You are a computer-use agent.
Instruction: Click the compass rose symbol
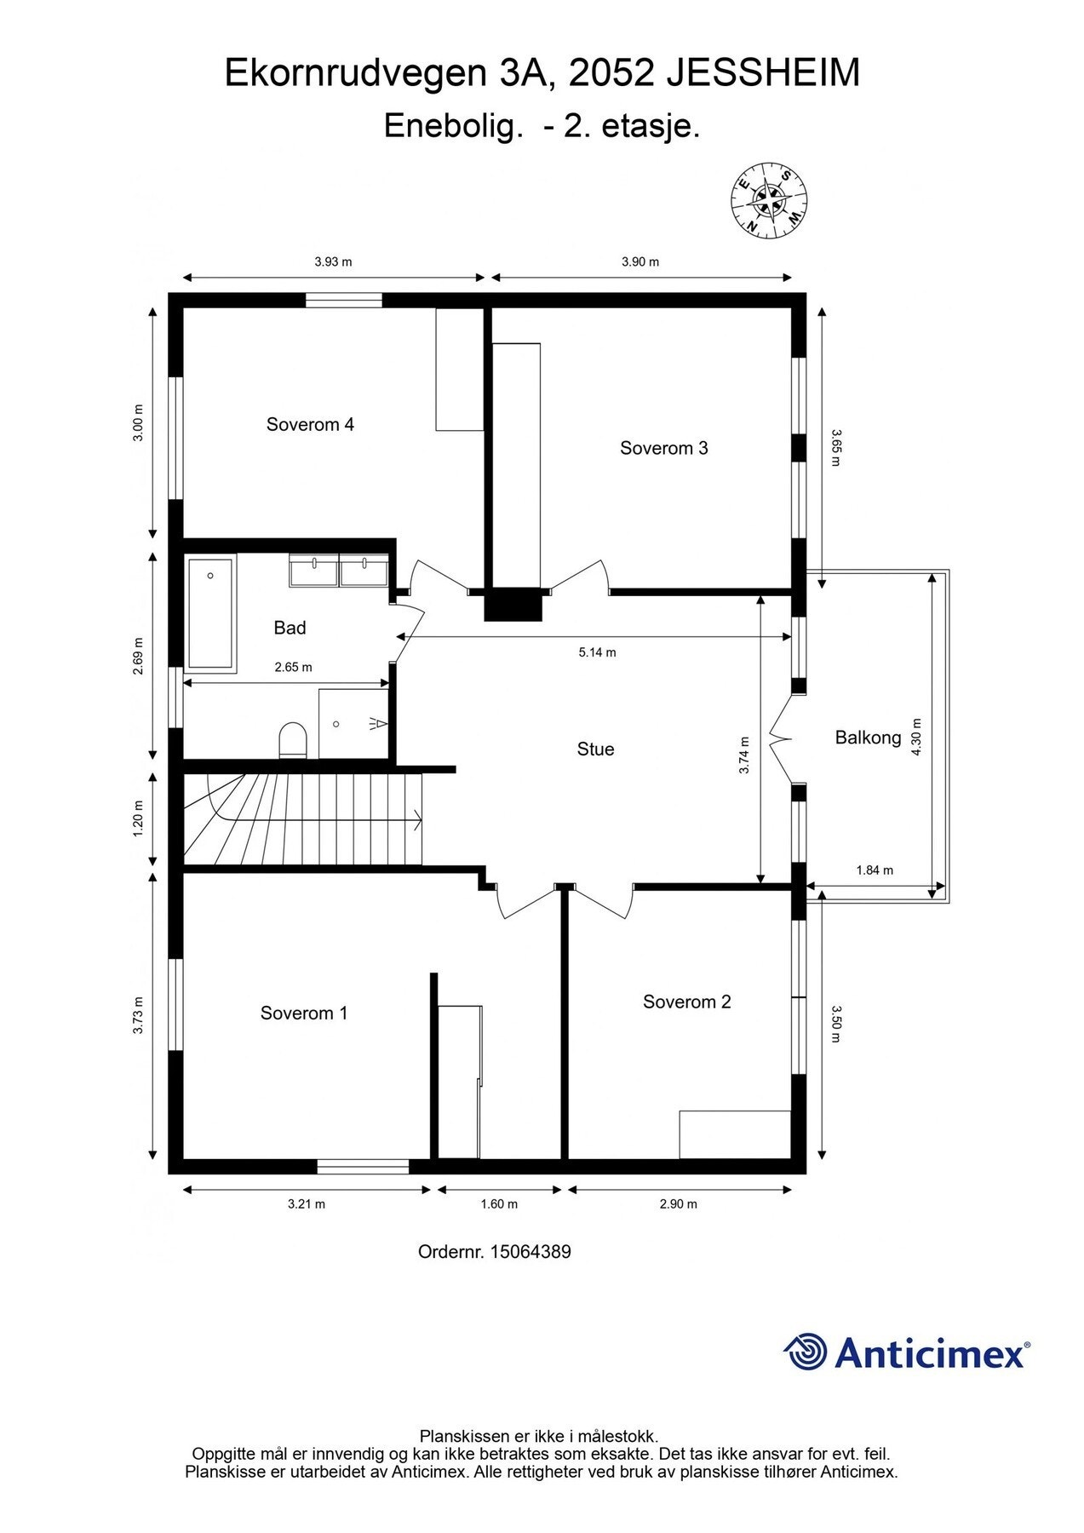pos(769,200)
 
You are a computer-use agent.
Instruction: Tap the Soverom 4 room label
pos(310,424)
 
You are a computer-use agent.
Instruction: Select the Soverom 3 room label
pos(663,448)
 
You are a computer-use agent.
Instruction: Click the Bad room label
pos(290,628)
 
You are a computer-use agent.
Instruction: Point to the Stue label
pos(595,749)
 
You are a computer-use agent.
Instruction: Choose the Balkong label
pos(868,738)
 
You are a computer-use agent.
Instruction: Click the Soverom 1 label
pos(304,1013)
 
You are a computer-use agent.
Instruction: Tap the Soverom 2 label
pos(686,1002)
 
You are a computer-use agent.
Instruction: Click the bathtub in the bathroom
pos(210,613)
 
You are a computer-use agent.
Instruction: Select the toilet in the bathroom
pos(292,739)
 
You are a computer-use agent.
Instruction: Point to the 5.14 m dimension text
pos(597,652)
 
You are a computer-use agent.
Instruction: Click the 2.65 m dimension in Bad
pos(293,667)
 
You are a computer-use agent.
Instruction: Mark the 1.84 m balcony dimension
pos(875,870)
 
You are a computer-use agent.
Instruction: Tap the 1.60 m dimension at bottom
pos(499,1203)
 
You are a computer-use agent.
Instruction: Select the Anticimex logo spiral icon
pos(805,1352)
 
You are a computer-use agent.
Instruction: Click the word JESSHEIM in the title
pos(762,74)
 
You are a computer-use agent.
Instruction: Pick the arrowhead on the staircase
pos(417,821)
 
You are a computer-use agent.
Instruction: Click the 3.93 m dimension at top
pos(333,261)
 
